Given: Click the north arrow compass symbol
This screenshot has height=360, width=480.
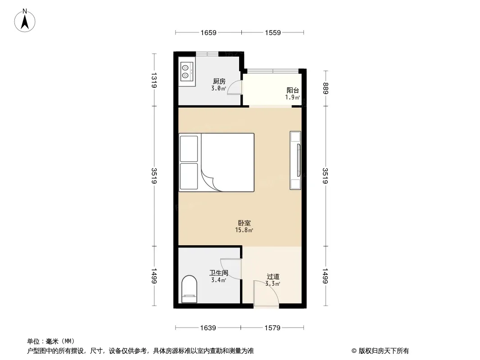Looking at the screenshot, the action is [25, 21].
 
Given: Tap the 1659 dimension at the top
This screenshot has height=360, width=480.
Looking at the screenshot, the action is [208, 33].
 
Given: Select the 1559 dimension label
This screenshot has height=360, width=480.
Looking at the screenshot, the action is [273, 33].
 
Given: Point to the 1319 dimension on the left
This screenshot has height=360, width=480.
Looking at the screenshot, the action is [154, 80].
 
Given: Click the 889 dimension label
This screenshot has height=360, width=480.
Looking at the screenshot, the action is [325, 88].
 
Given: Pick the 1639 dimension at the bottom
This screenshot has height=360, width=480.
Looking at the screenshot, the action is [208, 328].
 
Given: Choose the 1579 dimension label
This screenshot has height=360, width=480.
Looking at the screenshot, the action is [272, 328].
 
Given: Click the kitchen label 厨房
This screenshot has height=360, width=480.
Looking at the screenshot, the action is [219, 81].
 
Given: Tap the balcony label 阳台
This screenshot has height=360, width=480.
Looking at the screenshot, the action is [293, 90].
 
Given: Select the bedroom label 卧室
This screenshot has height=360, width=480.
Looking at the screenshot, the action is [245, 223].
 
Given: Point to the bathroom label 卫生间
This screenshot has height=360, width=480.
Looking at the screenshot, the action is [219, 273].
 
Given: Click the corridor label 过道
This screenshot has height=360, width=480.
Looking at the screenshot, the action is [273, 276].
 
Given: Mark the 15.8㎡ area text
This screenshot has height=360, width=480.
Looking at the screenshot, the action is [244, 230].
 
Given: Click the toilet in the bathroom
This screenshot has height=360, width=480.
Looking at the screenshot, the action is [189, 289].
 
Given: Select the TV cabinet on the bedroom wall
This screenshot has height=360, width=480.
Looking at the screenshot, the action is [295, 160].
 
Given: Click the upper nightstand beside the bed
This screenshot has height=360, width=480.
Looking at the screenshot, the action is [189, 148].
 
